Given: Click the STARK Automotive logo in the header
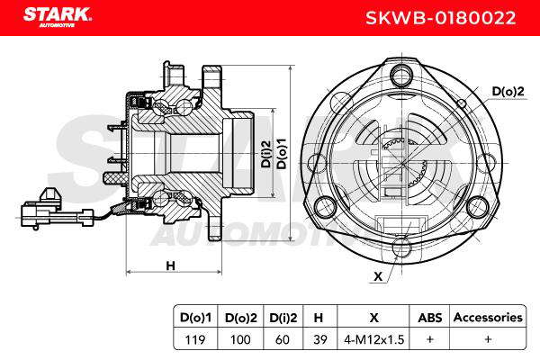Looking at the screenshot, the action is pyautogui.click(x=58, y=16).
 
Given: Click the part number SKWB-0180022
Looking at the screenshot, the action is pyautogui.click(x=440, y=18).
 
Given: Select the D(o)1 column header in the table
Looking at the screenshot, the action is pyautogui.click(x=195, y=318).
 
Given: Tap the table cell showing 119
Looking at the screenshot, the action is pyautogui.click(x=195, y=339).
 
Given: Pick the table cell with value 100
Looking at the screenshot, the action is pyautogui.click(x=240, y=339).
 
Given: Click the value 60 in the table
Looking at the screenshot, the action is pyautogui.click(x=283, y=339).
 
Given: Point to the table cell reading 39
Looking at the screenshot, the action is pyautogui.click(x=319, y=339).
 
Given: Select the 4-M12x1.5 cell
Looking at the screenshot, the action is pyautogui.click(x=373, y=339).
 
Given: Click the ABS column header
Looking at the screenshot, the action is pyautogui.click(x=430, y=318).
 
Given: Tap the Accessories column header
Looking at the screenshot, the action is pyautogui.click(x=488, y=318).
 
